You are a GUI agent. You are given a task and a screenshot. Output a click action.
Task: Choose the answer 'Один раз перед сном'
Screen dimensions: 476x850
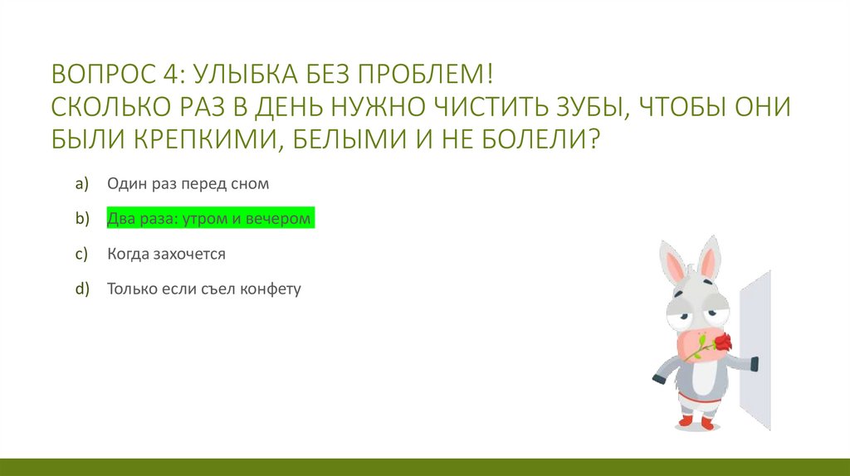[188, 183]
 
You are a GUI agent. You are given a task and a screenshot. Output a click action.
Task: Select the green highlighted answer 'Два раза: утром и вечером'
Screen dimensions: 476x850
[209, 219]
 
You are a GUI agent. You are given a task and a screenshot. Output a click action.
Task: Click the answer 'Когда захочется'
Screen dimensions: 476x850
[166, 254]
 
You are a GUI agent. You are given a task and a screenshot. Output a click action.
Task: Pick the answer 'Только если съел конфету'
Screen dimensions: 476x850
[203, 289]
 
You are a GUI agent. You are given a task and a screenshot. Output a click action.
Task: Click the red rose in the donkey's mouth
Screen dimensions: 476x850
[723, 341]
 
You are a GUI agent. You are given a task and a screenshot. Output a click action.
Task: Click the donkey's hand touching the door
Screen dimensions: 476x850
[752, 363]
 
